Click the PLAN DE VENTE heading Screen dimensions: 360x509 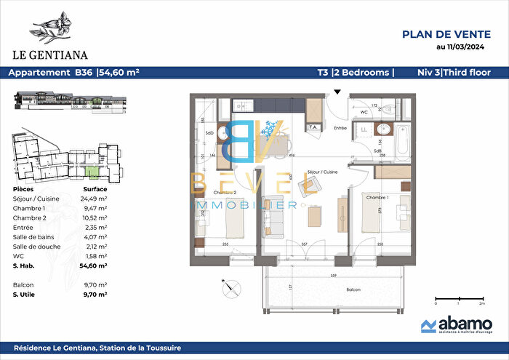coord(445,33)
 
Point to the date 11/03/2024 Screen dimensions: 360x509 coord(460,48)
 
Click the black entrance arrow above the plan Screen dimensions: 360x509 coord(336,92)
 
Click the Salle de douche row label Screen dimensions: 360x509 coord(36,247)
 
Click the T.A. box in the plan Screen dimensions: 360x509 coord(314,127)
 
